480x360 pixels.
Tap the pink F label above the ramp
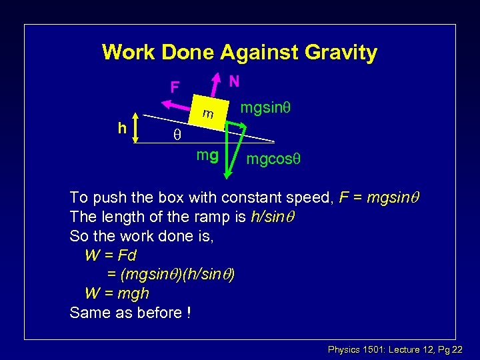pyautogui.click(x=175, y=87)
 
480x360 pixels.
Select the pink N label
pyautogui.click(x=234, y=81)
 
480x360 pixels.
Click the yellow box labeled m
pyautogui.click(x=209, y=114)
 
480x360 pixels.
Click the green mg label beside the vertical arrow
pyautogui.click(x=207, y=156)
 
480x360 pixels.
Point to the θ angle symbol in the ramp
pyautogui.click(x=177, y=134)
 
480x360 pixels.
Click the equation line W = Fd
pyautogui.click(x=111, y=255)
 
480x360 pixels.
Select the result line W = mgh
pyautogui.click(x=117, y=293)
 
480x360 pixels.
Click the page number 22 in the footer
pyautogui.click(x=457, y=350)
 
